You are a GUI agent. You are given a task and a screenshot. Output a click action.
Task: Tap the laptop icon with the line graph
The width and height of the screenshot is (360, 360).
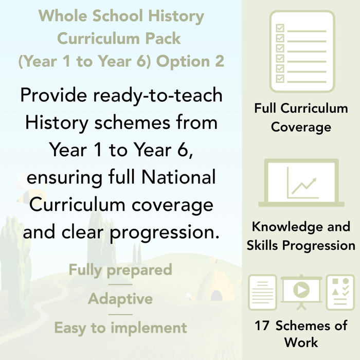[x=301, y=183]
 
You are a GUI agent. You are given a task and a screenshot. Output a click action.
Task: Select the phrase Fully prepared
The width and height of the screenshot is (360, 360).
[x=120, y=270]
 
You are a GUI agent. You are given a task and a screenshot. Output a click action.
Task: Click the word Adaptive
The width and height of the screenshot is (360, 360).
[x=120, y=299]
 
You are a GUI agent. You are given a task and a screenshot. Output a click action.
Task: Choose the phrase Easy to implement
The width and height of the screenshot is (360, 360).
[x=120, y=328]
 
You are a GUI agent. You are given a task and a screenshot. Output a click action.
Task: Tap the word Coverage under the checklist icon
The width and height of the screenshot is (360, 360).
[x=301, y=127]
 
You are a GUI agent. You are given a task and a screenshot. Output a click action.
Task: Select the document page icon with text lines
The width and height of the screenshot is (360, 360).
[x=263, y=292]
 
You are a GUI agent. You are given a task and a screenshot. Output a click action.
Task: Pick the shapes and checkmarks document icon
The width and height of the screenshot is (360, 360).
[x=340, y=292]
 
